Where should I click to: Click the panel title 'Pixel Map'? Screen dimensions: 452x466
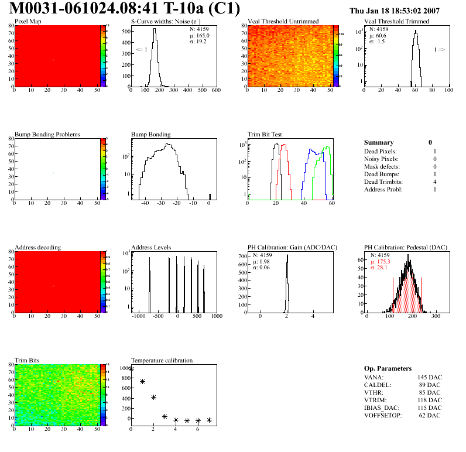pos(28,22)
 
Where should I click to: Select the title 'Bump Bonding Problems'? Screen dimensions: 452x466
pos(47,134)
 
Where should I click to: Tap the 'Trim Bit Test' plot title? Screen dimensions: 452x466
pos(266,134)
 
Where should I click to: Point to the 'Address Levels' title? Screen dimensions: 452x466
pos(151,247)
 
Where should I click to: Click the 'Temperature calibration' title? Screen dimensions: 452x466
pos(162,360)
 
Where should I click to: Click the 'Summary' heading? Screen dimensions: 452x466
pos(379,142)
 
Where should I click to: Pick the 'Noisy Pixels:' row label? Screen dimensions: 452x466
pos(381,159)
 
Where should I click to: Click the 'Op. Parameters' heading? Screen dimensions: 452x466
pos(388,368)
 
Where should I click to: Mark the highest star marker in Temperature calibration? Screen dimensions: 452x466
pos(132,369)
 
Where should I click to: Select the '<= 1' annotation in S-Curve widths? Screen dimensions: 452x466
pos(141,50)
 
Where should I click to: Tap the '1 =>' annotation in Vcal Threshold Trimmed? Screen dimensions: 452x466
pos(439,50)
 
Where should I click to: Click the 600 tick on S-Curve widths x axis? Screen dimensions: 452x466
pos(215,91)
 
